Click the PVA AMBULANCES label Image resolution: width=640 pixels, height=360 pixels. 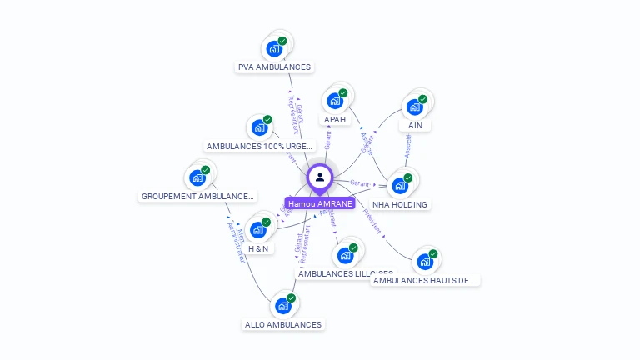coord(274,67)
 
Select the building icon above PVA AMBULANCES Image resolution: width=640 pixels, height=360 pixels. coord(273,49)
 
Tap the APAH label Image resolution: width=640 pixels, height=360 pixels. coord(335,120)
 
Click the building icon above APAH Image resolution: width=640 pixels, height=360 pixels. coord(335,101)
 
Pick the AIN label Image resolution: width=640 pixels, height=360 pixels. coord(415,126)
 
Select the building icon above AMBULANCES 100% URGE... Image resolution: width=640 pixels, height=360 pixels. coord(259,128)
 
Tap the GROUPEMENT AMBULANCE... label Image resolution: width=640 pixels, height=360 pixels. coord(197,197)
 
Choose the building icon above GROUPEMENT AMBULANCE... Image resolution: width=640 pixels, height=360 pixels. coord(197,177)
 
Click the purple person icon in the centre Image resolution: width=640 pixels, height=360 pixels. coord(320,177)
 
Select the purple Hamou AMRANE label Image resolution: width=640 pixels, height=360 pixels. coord(320,203)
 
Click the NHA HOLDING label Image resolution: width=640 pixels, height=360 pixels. coord(400,204)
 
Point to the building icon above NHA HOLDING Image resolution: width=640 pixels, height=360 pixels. coord(400,186)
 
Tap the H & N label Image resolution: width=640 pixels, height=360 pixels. coord(258,248)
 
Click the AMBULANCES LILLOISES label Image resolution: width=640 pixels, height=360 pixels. coord(345,273)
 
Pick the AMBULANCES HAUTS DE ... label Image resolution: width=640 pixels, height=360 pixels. coord(425,281)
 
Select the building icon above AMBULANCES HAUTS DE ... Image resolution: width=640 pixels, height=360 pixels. coord(425,262)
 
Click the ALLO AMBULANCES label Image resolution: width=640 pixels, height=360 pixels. coord(283,324)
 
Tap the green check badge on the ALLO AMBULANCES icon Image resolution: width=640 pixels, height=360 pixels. coord(292,298)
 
